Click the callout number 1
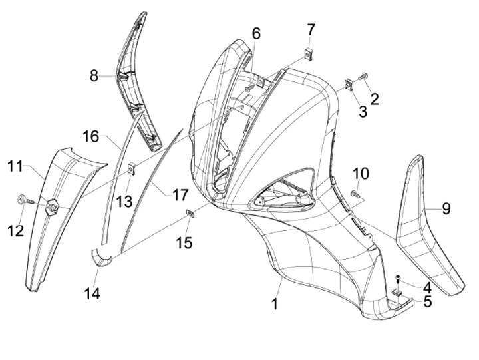(274, 305)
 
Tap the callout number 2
(375, 99)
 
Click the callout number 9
(446, 208)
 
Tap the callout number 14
(92, 293)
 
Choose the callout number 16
(90, 136)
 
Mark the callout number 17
(180, 195)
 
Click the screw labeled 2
(364, 77)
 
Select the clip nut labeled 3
(349, 85)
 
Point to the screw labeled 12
(23, 198)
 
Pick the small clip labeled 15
(189, 213)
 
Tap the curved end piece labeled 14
(100, 256)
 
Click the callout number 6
(256, 33)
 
